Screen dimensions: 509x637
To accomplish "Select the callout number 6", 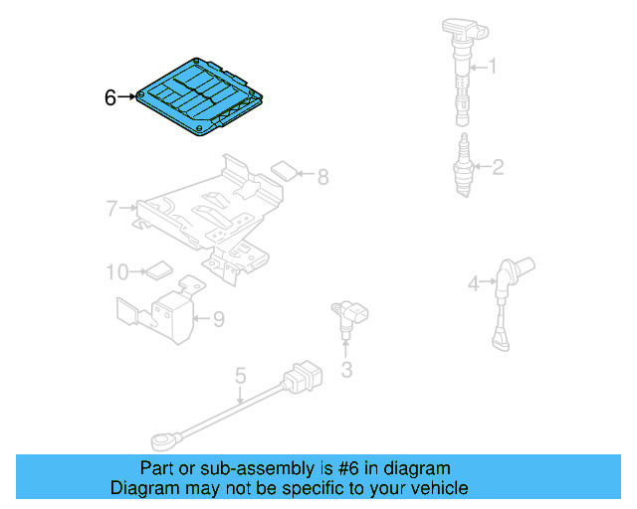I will click(110, 97).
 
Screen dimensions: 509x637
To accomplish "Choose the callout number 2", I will click(498, 167).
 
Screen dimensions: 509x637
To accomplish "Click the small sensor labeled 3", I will click(347, 318).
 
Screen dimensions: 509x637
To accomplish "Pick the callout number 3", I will click(346, 371).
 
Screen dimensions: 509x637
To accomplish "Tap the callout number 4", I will click(473, 285).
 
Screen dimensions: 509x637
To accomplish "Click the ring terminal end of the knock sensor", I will click(161, 435).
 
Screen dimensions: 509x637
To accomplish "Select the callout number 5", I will click(240, 375).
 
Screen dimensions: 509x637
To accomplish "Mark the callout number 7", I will click(111, 209).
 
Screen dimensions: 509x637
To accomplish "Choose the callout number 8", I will click(322, 177).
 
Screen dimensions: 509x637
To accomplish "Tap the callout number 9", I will click(218, 319).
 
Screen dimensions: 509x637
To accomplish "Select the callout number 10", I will click(117, 270).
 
